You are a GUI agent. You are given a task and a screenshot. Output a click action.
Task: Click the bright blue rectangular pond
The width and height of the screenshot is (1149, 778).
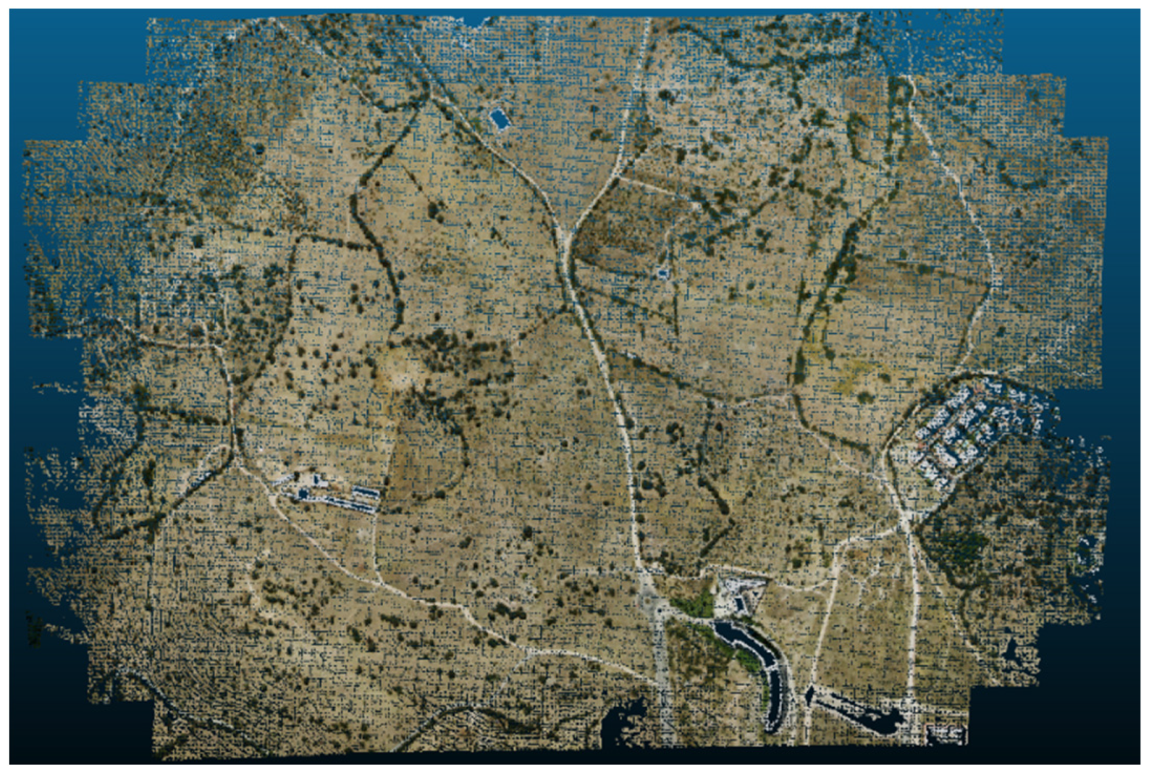point(500,119)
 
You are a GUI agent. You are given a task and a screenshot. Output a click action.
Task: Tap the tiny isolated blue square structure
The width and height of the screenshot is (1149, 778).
point(663,272)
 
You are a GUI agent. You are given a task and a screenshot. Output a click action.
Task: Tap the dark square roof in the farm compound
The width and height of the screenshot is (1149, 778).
point(304,492)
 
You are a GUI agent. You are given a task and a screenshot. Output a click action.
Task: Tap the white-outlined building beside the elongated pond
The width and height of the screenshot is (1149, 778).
point(944,731)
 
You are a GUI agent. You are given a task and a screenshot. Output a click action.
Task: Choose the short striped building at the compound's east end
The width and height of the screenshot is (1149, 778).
point(366,493)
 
